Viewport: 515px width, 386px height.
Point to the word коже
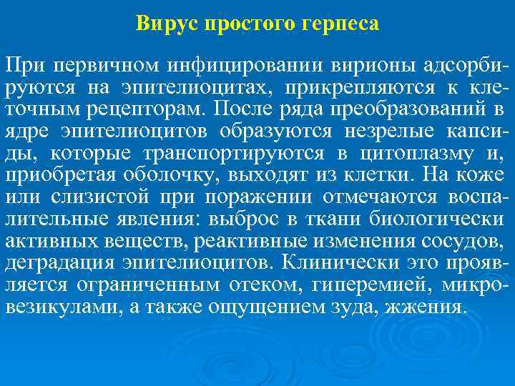(x=486, y=176)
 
